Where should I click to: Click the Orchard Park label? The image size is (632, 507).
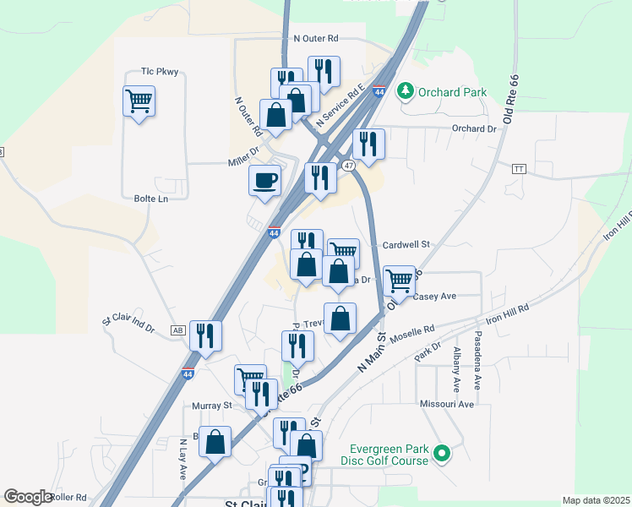pyautogui.click(x=452, y=91)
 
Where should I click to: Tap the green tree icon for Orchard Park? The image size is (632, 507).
pyautogui.click(x=406, y=90)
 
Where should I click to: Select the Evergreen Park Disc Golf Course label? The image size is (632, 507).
pyautogui.click(x=386, y=455)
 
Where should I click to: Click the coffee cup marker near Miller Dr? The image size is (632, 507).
pyautogui.click(x=264, y=180)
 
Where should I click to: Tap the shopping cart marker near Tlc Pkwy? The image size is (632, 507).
pyautogui.click(x=139, y=101)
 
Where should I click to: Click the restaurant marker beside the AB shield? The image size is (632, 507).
pyautogui.click(x=205, y=335)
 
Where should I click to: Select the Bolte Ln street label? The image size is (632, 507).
pyautogui.click(x=151, y=198)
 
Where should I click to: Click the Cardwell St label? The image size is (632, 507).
pyautogui.click(x=406, y=244)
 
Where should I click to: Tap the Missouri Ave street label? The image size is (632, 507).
pyautogui.click(x=448, y=405)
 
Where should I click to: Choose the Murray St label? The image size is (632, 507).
pyautogui.click(x=211, y=406)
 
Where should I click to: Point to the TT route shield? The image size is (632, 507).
pyautogui.click(x=518, y=169)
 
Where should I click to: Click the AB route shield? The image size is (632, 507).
pyautogui.click(x=177, y=330)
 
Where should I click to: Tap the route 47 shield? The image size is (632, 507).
pyautogui.click(x=348, y=166)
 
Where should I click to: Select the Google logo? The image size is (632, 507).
pyautogui.click(x=28, y=497)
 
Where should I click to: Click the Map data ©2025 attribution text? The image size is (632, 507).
pyautogui.click(x=596, y=500)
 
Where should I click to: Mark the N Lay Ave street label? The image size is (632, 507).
pyautogui.click(x=182, y=459)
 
